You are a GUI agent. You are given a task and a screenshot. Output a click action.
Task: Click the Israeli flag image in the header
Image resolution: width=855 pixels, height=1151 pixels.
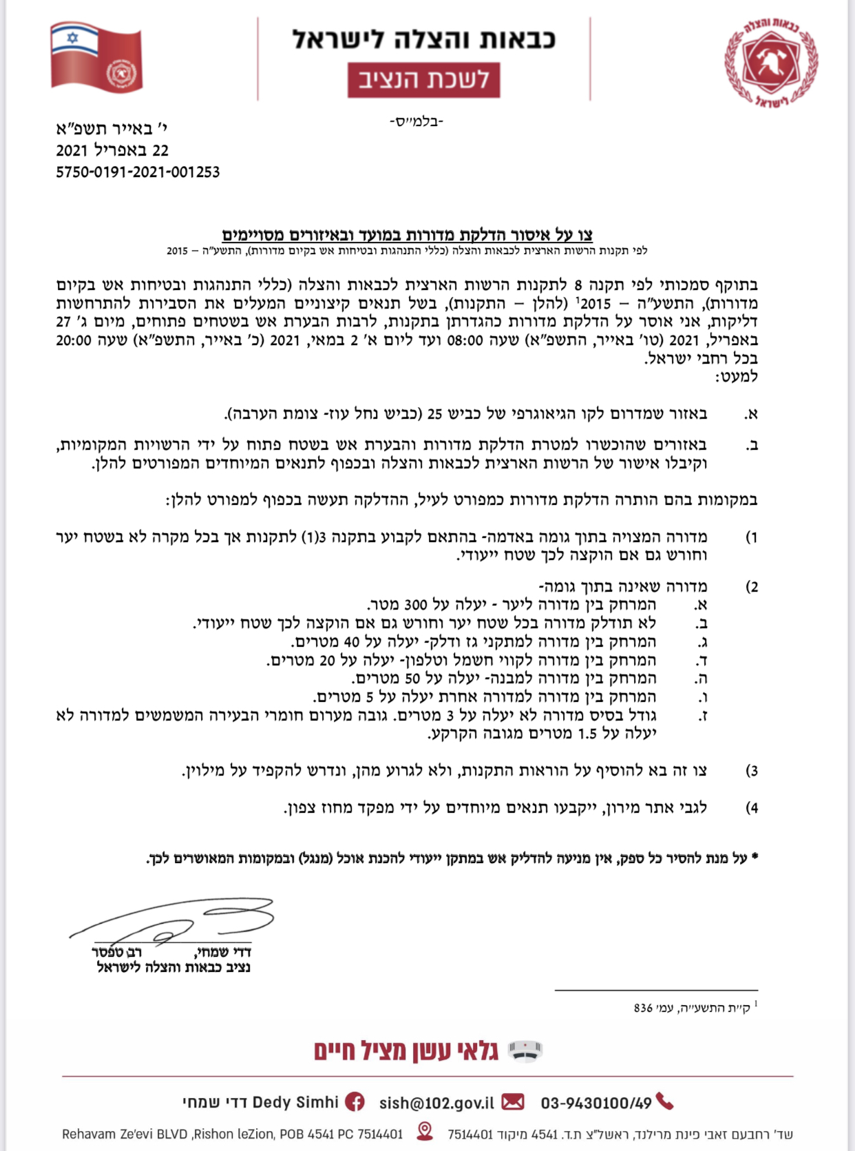pos(96,58)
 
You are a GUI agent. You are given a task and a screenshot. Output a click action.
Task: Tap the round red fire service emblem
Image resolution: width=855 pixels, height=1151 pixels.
pos(771,63)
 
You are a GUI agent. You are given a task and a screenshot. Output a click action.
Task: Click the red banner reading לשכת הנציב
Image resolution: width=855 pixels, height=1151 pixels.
pos(423,80)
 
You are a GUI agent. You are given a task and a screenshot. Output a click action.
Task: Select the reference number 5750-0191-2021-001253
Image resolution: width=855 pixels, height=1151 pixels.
pos(138,172)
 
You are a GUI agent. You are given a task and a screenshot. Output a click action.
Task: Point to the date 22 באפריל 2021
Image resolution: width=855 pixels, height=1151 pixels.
pos(112,150)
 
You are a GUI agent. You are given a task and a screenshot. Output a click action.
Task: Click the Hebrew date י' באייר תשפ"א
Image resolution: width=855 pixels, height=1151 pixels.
pos(112,129)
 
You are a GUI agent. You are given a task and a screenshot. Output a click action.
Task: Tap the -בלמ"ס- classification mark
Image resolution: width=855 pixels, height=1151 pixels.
pos(416,122)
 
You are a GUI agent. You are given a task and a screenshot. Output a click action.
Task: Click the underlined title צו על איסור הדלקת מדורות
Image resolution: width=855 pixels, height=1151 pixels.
pos(407,235)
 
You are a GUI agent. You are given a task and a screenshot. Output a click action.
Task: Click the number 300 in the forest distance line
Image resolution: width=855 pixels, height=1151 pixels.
pos(416,605)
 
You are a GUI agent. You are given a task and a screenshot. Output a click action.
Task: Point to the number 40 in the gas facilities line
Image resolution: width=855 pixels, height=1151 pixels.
pos(351,642)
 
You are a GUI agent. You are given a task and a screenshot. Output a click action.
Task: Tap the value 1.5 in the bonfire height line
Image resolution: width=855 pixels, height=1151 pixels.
pos(587,734)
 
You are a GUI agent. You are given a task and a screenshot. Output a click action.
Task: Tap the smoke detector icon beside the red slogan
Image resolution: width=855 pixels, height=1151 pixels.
pos(525,1051)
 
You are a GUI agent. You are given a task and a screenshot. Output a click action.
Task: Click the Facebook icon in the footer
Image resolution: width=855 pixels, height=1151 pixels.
pos(355,1102)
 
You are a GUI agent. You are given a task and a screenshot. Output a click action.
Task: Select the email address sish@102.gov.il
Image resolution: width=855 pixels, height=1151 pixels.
pos(436,1103)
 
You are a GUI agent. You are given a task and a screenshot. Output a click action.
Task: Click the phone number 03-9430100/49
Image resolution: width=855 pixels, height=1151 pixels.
pos(595,1103)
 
